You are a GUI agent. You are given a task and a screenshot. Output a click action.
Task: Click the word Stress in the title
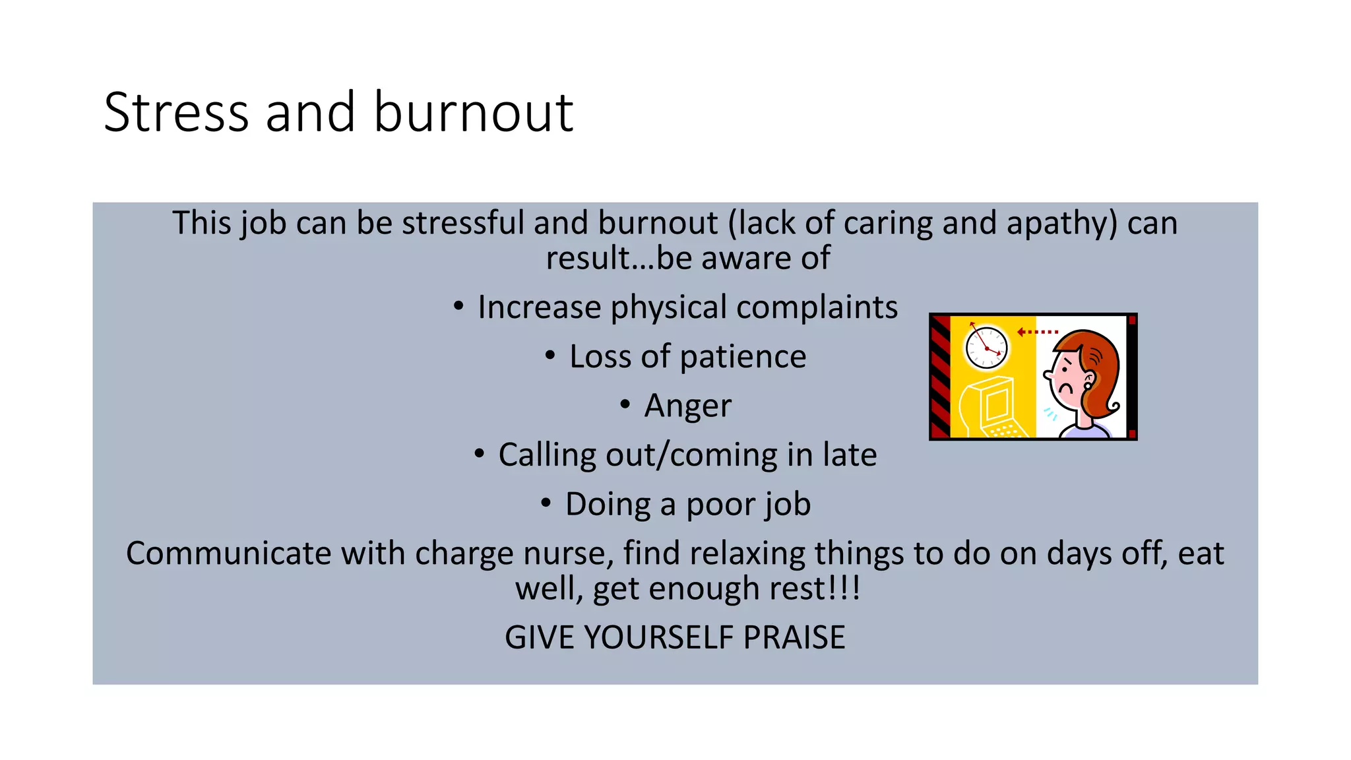(176, 112)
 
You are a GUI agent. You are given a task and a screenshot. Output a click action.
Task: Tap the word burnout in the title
(473, 112)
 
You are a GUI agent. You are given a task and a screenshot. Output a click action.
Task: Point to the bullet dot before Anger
(625, 404)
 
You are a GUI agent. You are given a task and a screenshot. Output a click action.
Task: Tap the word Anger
(687, 406)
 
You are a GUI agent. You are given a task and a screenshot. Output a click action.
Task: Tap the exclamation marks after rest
(848, 588)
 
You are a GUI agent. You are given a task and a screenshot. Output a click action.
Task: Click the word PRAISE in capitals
(794, 637)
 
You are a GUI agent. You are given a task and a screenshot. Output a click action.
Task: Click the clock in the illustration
(986, 347)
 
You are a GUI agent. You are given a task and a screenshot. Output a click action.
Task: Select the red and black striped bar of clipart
(940, 377)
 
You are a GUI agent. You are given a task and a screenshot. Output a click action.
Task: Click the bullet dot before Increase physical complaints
(458, 306)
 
